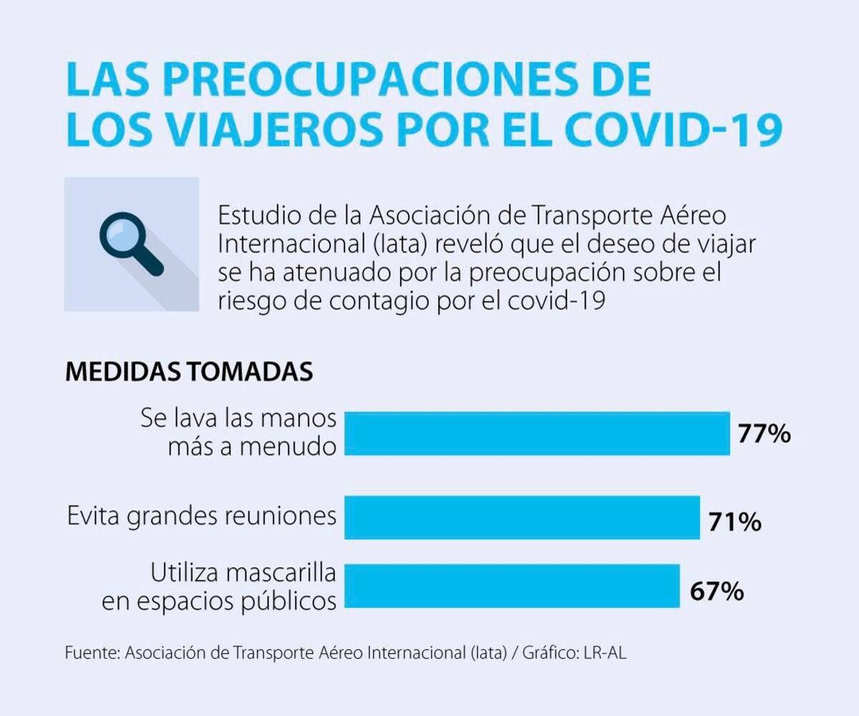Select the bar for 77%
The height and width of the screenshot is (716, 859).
[537, 433]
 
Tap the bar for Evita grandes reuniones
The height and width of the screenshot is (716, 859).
[522, 516]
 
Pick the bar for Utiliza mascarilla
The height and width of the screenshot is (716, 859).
[512, 586]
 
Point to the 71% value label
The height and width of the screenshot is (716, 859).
[734, 522]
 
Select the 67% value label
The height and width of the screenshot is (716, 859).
[717, 591]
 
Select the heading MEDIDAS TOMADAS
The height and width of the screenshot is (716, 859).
[189, 372]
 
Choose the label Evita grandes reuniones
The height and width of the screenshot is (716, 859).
[201, 516]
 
